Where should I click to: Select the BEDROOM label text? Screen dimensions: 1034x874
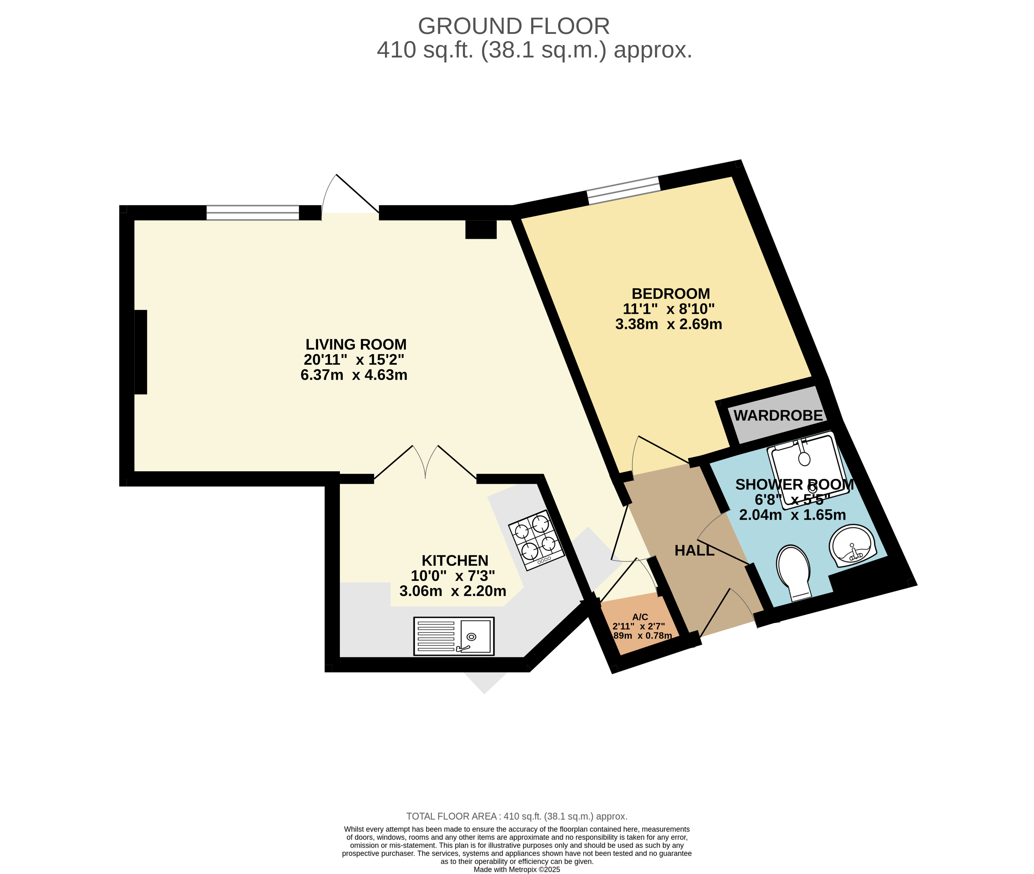pos(670,294)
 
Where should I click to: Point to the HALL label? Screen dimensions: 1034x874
pos(694,551)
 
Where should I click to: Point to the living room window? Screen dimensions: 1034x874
pos(253,213)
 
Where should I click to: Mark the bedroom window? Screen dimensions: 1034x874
pos(624,190)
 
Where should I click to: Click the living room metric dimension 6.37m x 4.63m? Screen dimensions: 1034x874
pos(354,375)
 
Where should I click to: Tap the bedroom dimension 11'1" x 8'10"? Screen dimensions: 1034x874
pos(668,309)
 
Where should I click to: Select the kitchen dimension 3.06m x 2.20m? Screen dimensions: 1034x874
pos(453,591)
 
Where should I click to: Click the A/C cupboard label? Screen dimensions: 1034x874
pos(640,617)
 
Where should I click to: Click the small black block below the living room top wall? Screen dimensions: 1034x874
pos(481,230)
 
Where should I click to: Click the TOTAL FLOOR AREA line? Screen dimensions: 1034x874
pos(517,816)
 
